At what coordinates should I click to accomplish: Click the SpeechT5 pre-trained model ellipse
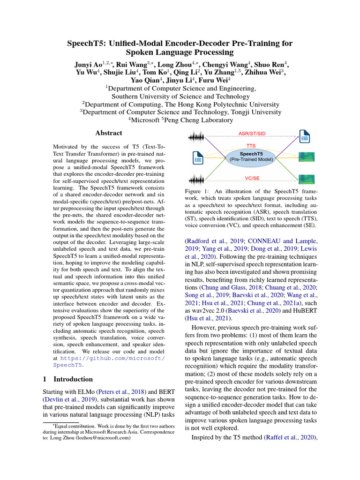click(251, 156)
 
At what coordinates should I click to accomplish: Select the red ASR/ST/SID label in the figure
click(252, 133)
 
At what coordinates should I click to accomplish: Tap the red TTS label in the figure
click(251, 146)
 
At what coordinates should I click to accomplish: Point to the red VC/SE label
click(252, 179)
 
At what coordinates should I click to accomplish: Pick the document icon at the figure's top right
click(305, 137)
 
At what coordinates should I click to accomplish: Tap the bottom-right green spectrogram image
click(307, 179)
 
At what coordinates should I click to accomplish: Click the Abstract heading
click(109, 133)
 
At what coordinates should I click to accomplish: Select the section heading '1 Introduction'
click(68, 379)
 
